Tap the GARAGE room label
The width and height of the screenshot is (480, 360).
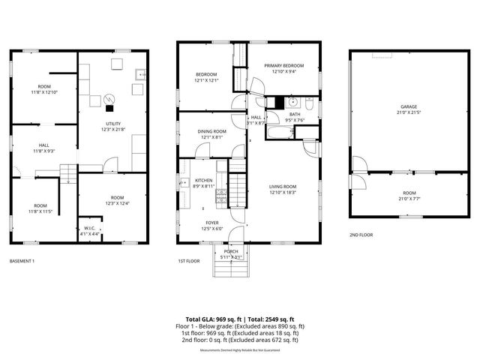408,106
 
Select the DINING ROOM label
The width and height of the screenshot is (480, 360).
211,131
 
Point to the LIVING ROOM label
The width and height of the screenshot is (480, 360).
283,186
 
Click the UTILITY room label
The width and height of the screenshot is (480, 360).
113,124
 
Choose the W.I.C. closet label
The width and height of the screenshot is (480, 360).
89,229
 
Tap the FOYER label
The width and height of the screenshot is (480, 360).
213,223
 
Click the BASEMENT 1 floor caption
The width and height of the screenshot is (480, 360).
22,261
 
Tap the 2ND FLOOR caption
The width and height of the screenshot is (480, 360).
361,235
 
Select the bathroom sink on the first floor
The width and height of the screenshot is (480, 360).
293,103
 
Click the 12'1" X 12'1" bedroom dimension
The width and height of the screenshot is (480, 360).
206,81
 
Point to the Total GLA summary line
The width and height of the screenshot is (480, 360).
239,319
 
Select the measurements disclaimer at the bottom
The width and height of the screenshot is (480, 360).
239,350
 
